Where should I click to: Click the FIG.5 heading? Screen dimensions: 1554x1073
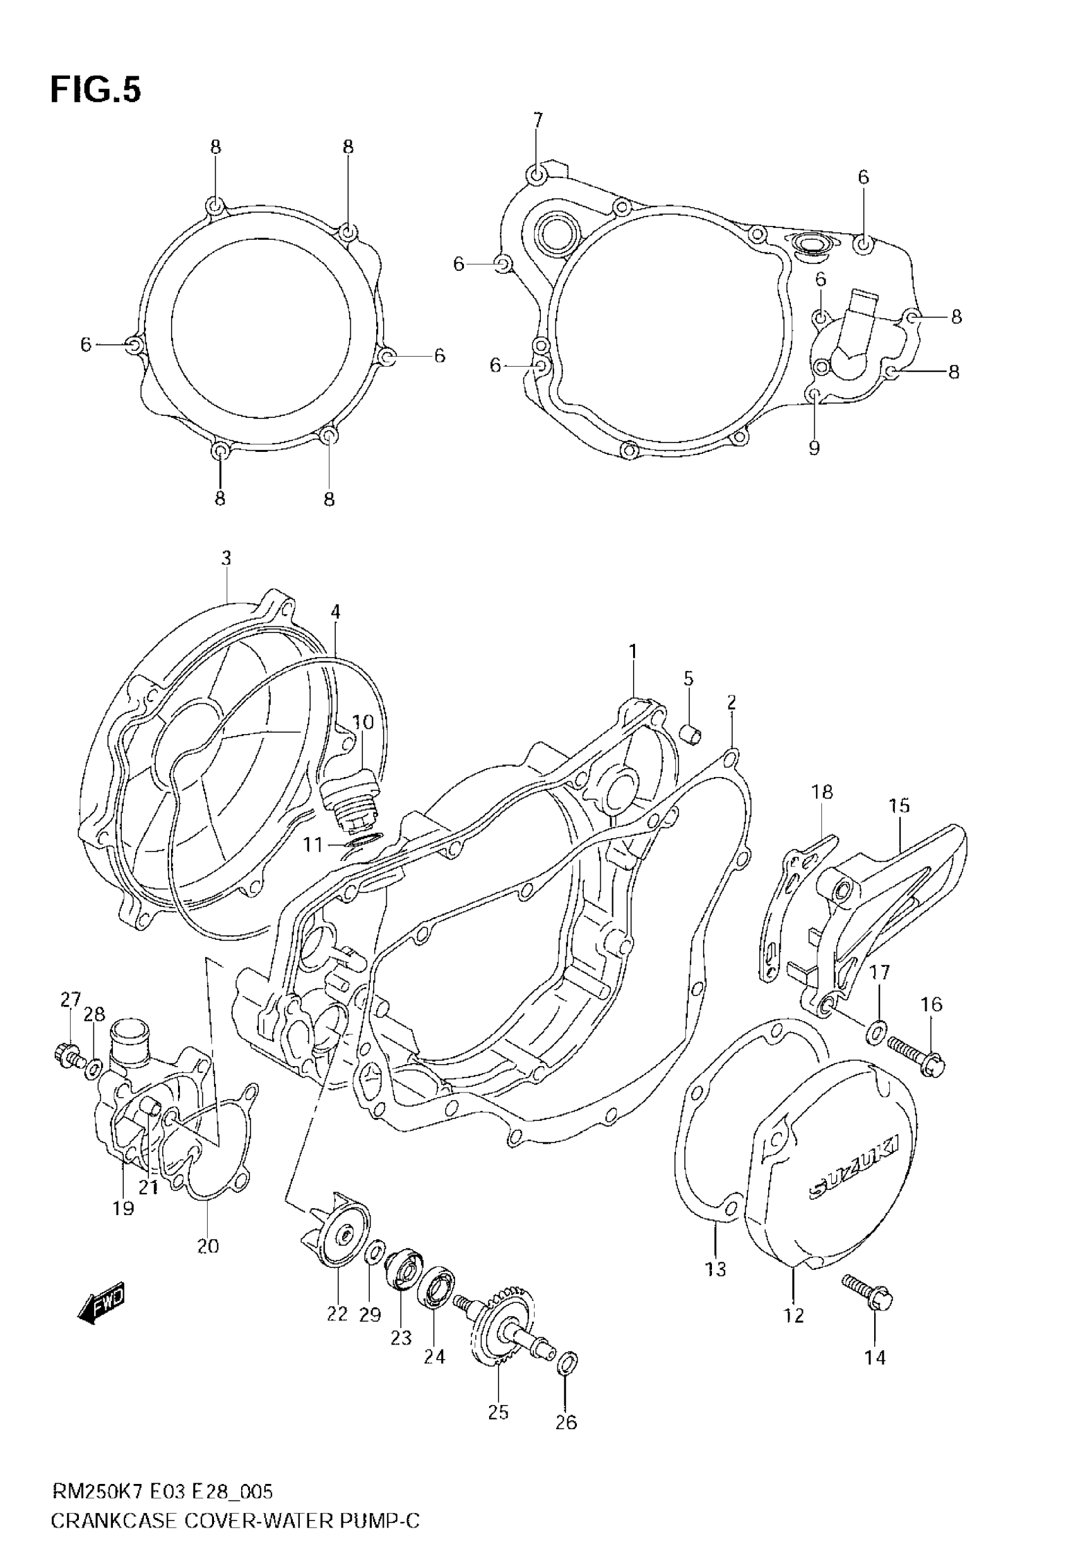(x=95, y=90)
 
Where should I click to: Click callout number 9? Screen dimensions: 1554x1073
(x=814, y=448)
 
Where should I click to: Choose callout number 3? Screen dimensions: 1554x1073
(x=226, y=558)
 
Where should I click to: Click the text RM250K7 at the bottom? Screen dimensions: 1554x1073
(x=97, y=1507)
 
